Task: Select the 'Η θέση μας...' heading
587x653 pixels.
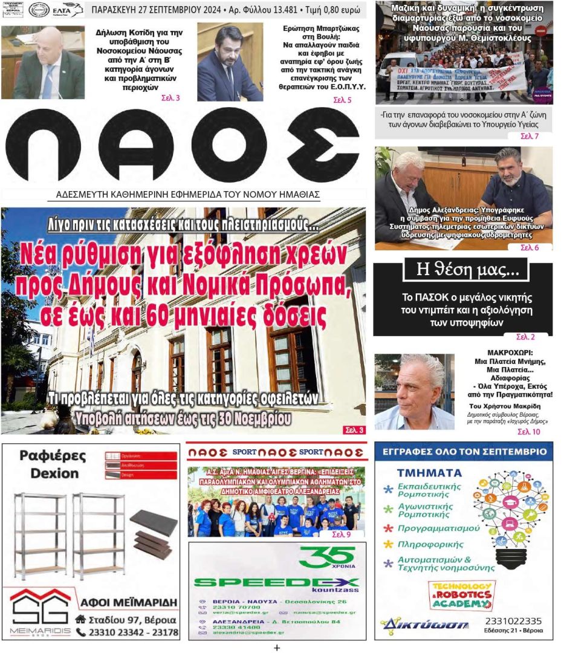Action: (x=462, y=270)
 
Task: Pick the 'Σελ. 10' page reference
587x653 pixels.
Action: (x=528, y=432)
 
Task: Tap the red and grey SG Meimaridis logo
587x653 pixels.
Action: (x=40, y=611)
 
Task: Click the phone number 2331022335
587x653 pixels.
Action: (x=513, y=621)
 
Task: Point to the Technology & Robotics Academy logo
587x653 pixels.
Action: (x=461, y=595)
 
